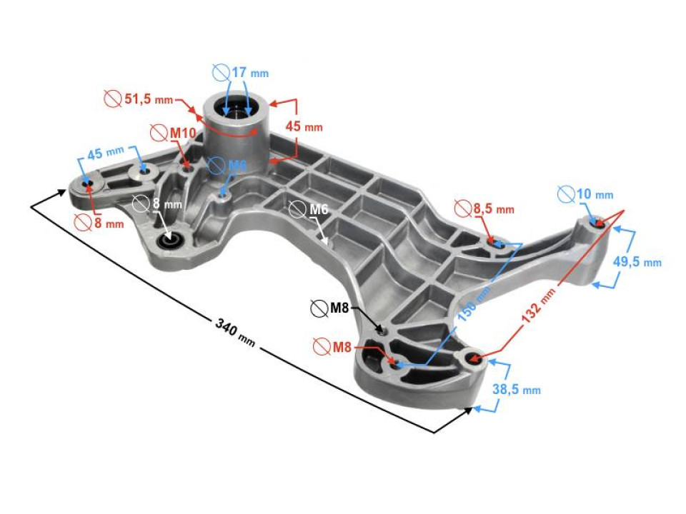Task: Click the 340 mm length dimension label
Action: coord(235,332)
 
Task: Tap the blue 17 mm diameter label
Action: coord(250,72)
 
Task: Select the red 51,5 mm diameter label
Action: coord(149,99)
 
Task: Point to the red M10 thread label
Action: coord(182,133)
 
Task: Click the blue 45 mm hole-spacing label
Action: coord(106,153)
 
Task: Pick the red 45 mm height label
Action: coord(304,126)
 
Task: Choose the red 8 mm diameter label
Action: coord(109,223)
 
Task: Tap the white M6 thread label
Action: coord(319,209)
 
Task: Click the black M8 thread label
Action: coord(339,308)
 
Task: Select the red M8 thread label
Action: coord(342,347)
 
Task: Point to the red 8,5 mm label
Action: coord(494,209)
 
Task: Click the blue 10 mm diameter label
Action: coord(595,194)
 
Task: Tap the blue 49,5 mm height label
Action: coord(637,262)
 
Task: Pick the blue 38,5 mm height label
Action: coord(517,389)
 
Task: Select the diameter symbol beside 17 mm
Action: coord(222,72)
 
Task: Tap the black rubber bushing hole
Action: coord(169,241)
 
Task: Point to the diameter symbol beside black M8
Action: coord(319,308)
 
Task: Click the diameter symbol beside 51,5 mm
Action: coord(113,99)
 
